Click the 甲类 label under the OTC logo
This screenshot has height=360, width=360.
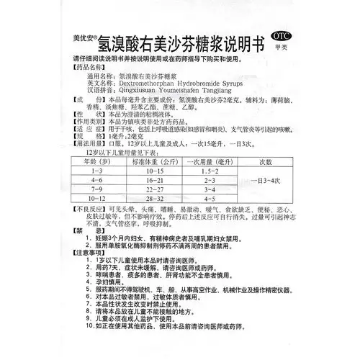tap(283, 49)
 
